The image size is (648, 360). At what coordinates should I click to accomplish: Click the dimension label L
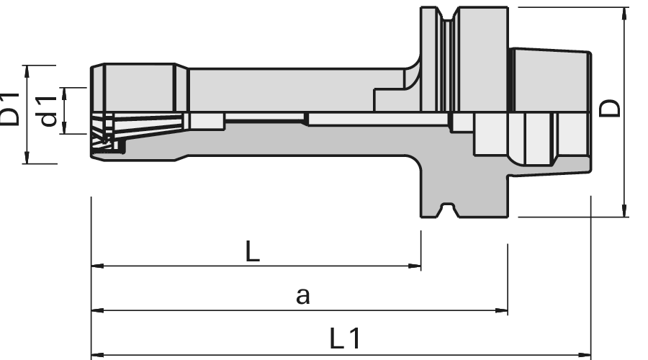[252, 252]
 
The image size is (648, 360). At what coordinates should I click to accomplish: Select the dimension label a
[302, 295]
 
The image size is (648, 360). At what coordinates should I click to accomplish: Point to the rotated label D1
[9, 107]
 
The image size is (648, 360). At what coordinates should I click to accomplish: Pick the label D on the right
[610, 109]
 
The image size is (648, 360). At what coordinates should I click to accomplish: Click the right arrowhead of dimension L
[415, 266]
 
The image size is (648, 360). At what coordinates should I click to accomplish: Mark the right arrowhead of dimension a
[503, 311]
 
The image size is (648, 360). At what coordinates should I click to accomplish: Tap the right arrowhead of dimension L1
[585, 355]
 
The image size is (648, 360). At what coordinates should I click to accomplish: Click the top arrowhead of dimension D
[624, 13]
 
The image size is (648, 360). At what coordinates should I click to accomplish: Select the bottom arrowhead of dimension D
[624, 210]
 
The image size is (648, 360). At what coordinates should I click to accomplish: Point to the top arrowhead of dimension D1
[27, 71]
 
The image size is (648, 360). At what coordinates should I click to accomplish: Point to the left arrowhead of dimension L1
[96, 355]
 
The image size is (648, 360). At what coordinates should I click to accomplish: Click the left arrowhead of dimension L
[96, 266]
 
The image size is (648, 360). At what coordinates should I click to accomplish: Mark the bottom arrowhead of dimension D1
[27, 158]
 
